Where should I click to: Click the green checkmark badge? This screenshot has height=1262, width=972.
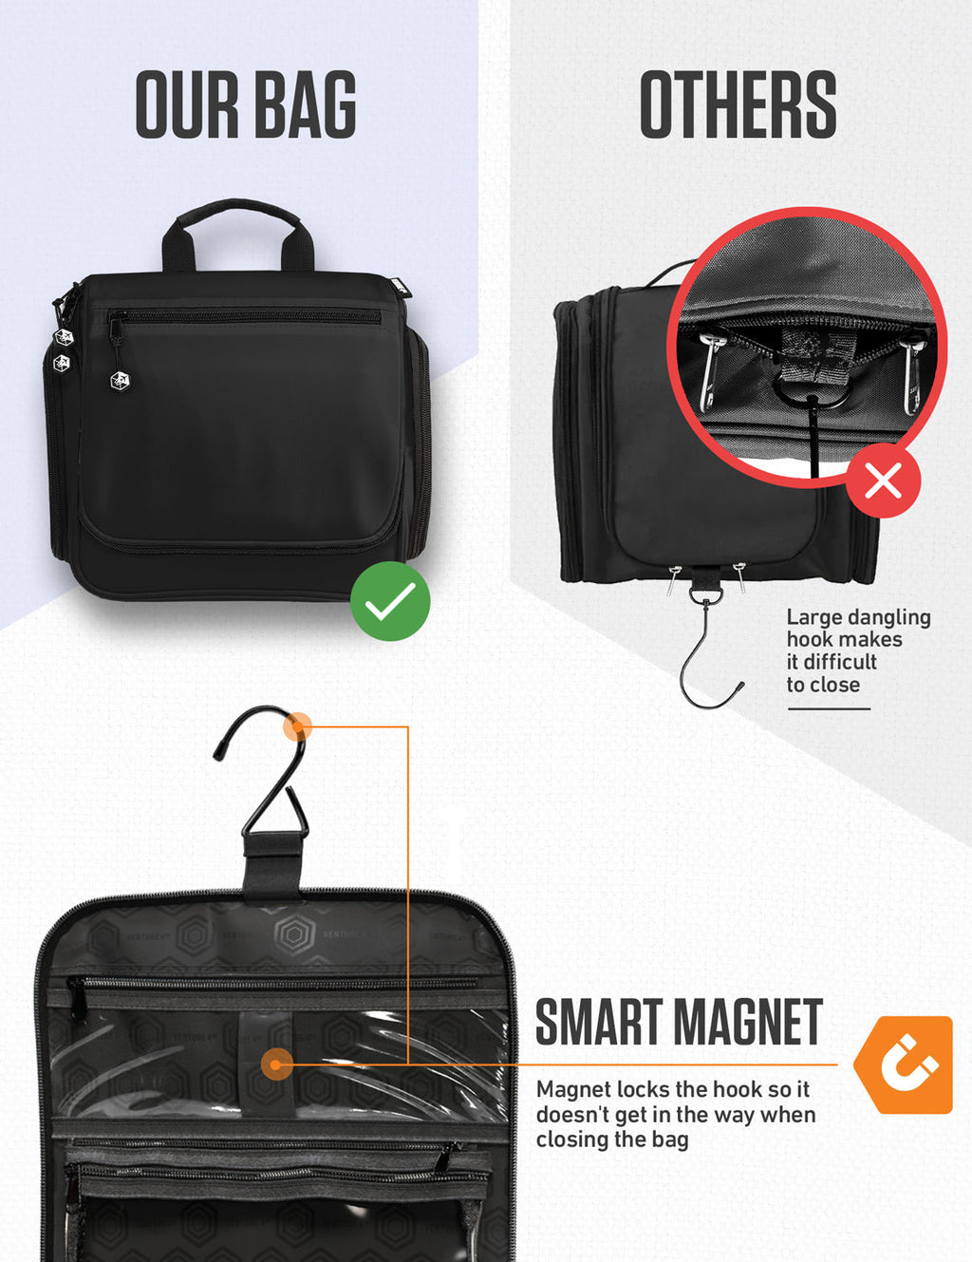390,601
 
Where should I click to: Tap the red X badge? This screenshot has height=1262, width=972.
883,480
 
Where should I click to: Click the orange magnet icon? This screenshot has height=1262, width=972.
903,1064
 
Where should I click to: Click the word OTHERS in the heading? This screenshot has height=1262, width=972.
738,105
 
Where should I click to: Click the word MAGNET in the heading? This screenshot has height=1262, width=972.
748,1023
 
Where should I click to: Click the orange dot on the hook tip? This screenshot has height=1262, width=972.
298,727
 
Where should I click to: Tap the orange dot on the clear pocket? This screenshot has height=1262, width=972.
276,1064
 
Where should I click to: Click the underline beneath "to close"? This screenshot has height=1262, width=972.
828,708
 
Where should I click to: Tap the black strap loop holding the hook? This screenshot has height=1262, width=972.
272,866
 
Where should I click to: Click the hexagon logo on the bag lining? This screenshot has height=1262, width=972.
293,934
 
